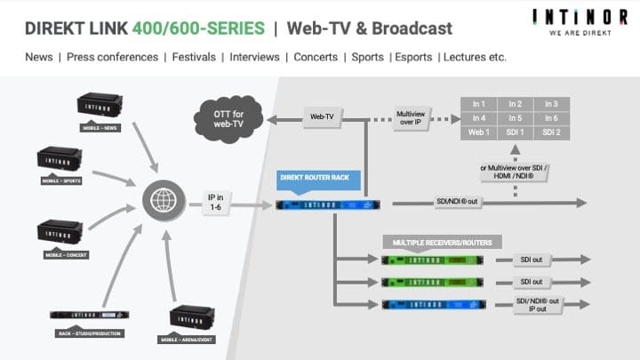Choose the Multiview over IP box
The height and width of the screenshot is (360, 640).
(415, 116)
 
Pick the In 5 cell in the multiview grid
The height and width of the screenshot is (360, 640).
(515, 117)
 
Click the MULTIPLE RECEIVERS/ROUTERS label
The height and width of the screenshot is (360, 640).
(442, 242)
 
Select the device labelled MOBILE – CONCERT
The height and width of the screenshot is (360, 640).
(63, 233)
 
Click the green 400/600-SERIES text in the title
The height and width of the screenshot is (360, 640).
(200, 28)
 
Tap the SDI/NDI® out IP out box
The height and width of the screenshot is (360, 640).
(539, 305)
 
